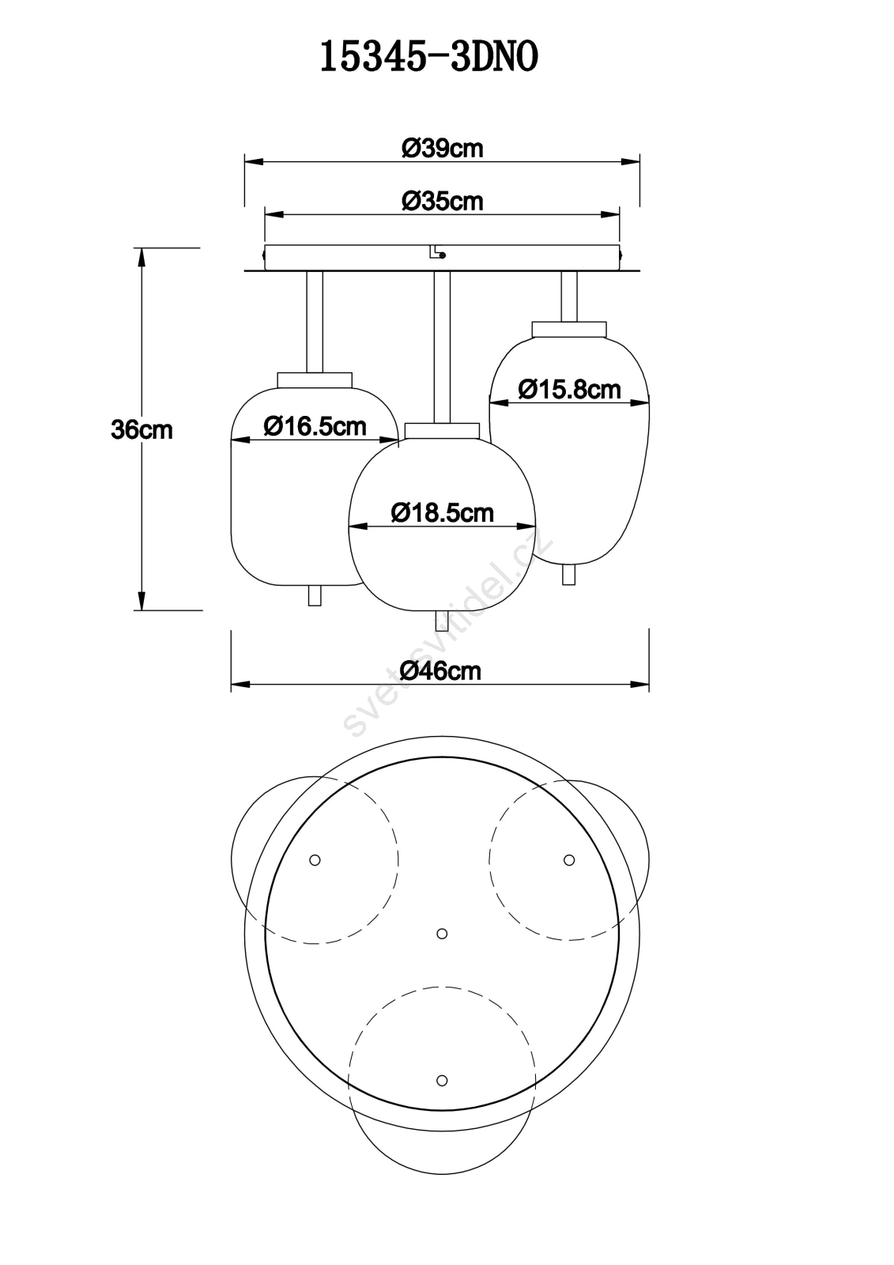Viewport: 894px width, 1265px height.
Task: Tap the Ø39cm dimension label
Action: (442, 149)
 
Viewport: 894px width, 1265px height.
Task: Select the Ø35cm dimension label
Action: (442, 201)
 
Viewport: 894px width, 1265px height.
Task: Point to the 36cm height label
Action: (141, 430)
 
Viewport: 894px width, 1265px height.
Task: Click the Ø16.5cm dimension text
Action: (315, 425)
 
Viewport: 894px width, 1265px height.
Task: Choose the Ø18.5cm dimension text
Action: (442, 512)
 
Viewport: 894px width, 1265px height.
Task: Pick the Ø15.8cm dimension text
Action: (569, 389)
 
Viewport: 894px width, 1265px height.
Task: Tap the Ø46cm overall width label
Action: (440, 671)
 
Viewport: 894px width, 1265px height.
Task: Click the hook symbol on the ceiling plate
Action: (437, 252)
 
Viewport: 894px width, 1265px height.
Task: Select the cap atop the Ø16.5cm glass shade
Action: (315, 379)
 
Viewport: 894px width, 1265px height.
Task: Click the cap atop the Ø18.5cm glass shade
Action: (442, 430)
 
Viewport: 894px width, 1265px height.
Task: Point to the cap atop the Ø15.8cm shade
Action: (568, 329)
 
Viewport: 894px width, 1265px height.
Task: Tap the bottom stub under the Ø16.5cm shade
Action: (315, 595)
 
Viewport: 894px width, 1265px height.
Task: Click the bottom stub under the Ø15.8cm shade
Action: (568, 575)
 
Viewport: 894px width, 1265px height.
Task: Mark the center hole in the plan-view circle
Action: (442, 934)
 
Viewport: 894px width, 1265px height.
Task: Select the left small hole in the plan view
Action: (315, 860)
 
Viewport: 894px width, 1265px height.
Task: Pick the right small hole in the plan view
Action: (569, 860)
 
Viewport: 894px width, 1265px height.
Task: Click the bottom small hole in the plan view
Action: (442, 1080)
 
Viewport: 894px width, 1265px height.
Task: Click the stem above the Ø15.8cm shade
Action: (568, 296)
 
